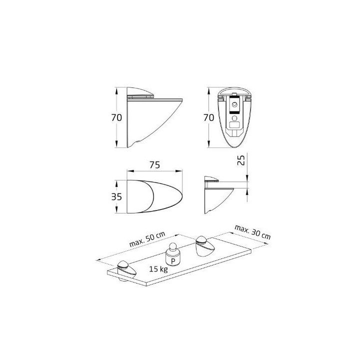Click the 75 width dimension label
tap(154, 165)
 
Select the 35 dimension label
tap(116, 197)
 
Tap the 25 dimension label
tap(241, 160)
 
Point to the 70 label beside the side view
tap(116, 118)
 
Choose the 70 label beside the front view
tap(208, 118)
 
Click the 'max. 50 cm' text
tap(147, 239)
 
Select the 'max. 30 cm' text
tap(252, 232)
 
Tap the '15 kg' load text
tap(158, 269)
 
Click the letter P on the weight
tap(173, 261)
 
